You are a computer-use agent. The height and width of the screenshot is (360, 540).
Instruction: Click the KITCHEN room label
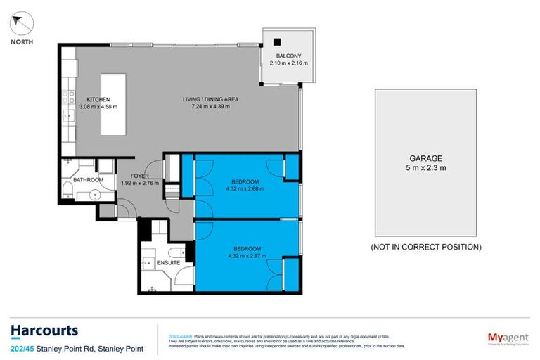98,99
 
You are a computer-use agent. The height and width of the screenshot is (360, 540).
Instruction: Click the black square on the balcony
278,41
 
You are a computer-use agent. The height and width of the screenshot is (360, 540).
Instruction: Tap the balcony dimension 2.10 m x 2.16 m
288,63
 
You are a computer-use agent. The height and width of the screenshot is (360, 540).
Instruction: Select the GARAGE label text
426,159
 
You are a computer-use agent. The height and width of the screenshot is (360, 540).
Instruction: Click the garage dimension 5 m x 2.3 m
426,168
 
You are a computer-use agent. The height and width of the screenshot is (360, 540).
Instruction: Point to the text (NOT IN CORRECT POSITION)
426,247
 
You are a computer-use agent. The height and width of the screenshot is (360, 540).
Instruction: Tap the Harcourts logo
44,330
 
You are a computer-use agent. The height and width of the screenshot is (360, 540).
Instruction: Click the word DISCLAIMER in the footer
173,336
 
